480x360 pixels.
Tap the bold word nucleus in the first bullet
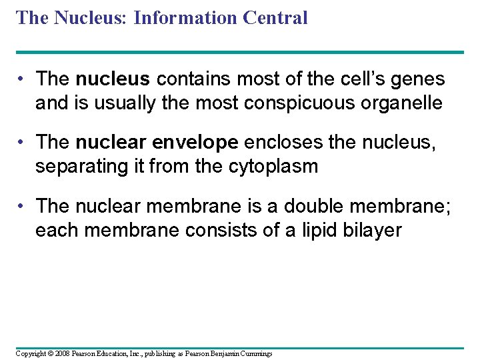point(113,79)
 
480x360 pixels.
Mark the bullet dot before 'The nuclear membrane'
point(23,206)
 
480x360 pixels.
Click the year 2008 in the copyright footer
point(59,353)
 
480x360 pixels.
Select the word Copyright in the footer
point(31,353)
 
